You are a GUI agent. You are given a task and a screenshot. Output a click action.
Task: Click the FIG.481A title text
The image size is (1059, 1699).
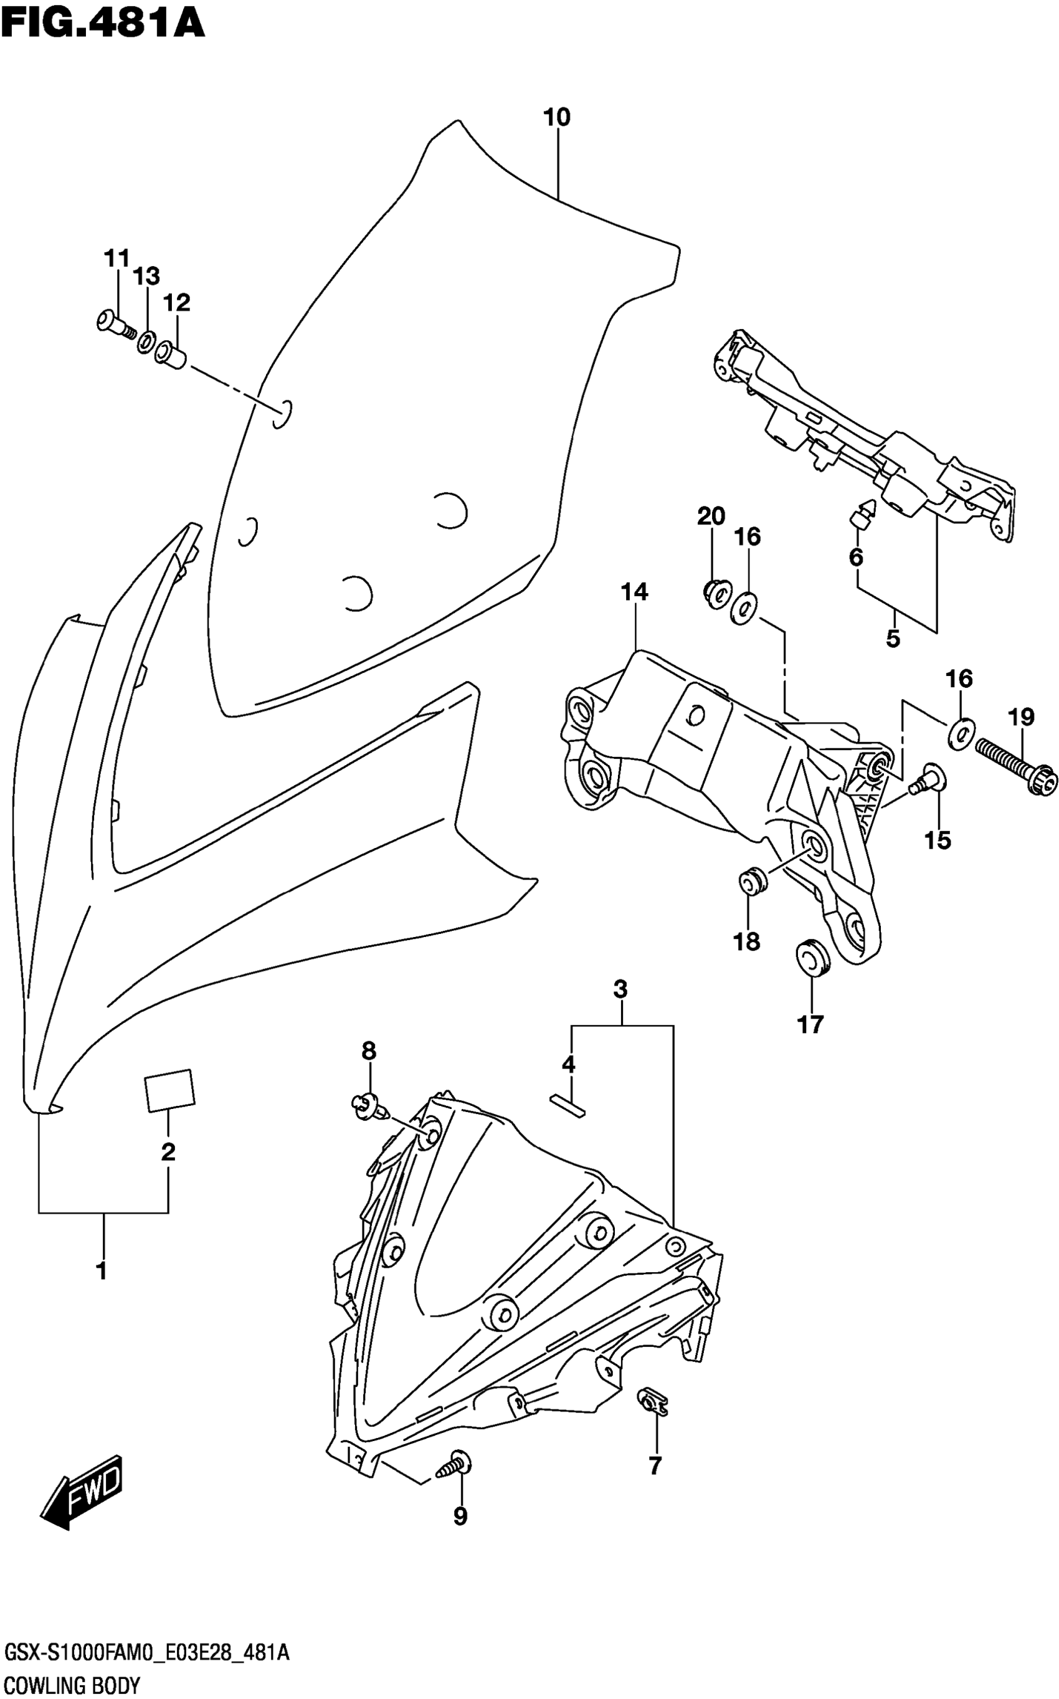tap(103, 21)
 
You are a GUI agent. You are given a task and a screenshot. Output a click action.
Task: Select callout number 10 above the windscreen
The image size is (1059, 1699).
tap(557, 118)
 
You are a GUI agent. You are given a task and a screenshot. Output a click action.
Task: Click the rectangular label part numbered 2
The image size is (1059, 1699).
tap(169, 1090)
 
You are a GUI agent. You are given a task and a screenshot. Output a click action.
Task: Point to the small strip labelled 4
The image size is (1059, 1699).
tap(569, 1104)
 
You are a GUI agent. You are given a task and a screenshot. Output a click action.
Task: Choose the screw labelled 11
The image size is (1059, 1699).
tap(113, 323)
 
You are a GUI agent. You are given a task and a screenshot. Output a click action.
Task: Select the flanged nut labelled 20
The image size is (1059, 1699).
tap(715, 593)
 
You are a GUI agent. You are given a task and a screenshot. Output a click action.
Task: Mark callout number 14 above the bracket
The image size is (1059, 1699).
tap(635, 593)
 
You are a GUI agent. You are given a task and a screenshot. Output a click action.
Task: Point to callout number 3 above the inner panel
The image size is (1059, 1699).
tap(620, 989)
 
